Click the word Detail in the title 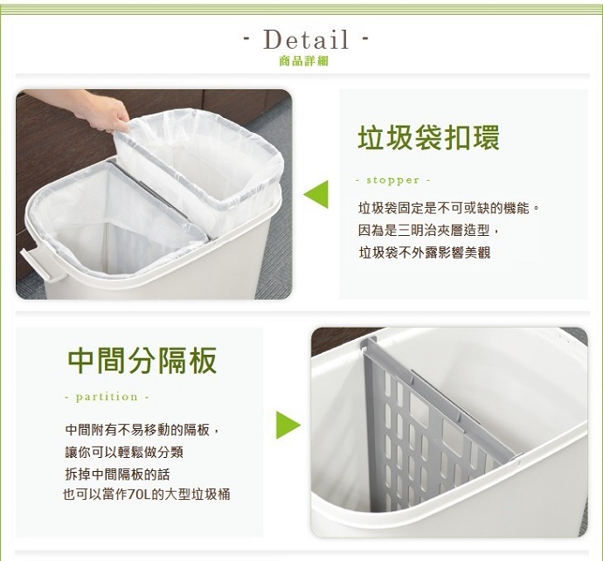point(306,39)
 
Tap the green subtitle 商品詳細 point(304,61)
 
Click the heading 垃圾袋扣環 point(428,138)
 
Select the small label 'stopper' point(392,180)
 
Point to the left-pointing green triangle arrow point(316,194)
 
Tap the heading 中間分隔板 point(142,360)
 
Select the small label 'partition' point(107,397)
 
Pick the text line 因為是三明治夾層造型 point(428,231)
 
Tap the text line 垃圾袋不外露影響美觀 point(425,253)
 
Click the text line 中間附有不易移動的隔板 point(142,430)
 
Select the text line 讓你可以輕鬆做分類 point(124,452)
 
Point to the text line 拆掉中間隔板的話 point(117,474)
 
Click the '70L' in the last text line point(138,495)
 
